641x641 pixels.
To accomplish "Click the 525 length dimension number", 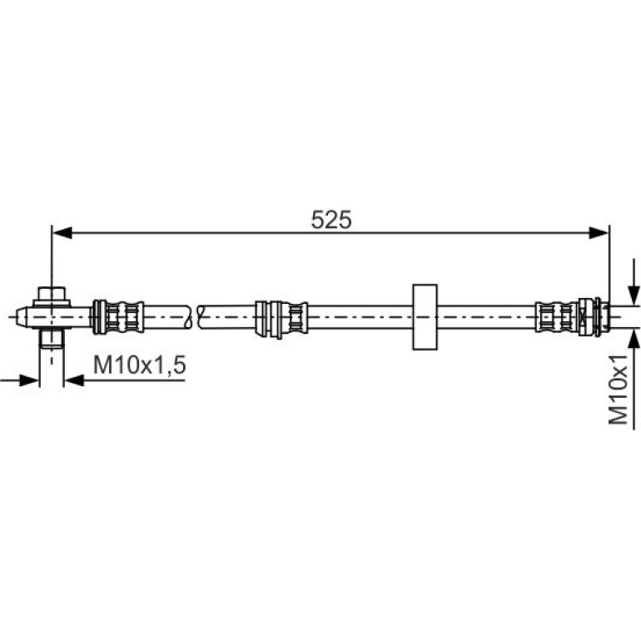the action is coord(330,220).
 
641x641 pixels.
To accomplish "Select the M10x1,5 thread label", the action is coord(139,365).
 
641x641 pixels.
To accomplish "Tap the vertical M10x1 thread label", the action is coord(618,390).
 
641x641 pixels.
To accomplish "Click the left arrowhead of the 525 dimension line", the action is coord(62,233).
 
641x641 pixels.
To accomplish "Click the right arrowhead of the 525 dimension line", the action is coord(599,233).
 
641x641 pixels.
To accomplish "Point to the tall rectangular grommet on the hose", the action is coord(425,317).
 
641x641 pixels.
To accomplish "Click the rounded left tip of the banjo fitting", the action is coord(18,317).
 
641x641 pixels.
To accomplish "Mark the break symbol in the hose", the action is coord(195,317).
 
